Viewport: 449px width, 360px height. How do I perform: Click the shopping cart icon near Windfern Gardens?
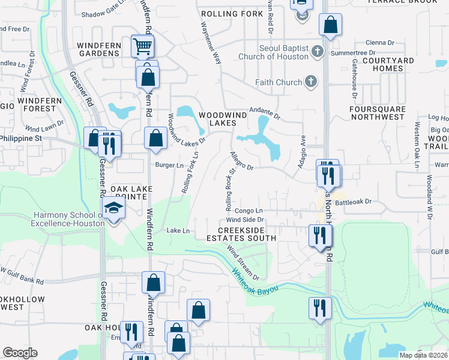(142, 46)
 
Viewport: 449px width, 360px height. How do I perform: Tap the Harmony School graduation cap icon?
(112, 209)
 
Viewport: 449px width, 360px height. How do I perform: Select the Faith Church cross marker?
(310, 82)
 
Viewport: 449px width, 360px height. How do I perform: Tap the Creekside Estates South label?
(247, 234)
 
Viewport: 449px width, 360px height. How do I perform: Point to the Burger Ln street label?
(170, 165)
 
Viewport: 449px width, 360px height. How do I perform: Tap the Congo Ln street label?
(249, 211)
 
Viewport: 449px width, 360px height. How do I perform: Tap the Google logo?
(20, 353)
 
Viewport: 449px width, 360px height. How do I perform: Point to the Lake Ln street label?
(178, 230)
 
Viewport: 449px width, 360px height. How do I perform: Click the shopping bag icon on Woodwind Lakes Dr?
(155, 137)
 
